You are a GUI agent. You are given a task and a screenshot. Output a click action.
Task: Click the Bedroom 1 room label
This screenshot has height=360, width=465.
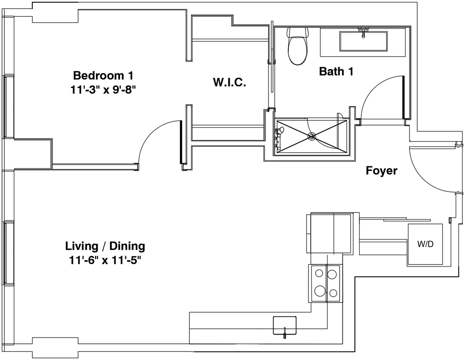pos(103,76)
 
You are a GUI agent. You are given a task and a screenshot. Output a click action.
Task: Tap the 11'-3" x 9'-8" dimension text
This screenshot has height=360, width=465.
pos(103,90)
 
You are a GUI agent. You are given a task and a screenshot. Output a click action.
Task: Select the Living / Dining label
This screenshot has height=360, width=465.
pos(105,246)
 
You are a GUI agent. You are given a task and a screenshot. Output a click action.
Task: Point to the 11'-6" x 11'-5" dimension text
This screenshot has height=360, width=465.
pos(105,260)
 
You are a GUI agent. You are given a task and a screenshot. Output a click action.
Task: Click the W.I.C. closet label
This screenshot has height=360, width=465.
pos(229,82)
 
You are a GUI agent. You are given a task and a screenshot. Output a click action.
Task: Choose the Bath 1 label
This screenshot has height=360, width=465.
pos(336,71)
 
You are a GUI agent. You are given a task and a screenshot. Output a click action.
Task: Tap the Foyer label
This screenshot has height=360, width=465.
pos(381,171)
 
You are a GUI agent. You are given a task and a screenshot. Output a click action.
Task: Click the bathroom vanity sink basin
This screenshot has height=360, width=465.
pos(363,41)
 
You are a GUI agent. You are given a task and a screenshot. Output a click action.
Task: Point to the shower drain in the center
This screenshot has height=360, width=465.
pos(312,136)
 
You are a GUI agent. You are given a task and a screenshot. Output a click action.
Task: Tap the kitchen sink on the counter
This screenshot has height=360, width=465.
pos(285,325)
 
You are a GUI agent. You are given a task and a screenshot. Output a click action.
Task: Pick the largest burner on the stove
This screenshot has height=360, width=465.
pos(319,292)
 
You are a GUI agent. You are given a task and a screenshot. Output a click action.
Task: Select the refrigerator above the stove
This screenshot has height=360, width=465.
pos(329,233)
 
